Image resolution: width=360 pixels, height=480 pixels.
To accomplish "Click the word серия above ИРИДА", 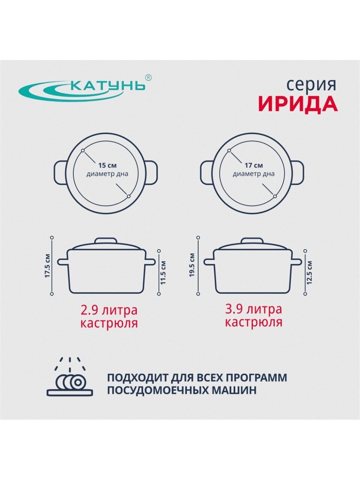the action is point(312,85).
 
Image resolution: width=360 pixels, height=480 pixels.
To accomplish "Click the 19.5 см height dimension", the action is point(192,265).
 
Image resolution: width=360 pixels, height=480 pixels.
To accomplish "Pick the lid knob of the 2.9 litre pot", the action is point(106,240).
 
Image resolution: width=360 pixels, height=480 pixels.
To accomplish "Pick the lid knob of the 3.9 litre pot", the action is point(252,240).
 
